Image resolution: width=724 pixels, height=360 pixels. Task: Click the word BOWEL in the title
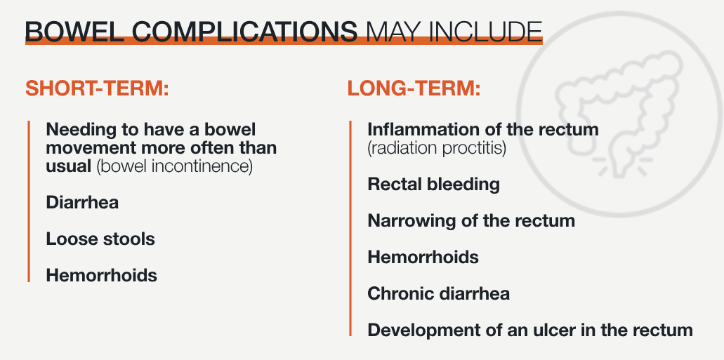[74, 32]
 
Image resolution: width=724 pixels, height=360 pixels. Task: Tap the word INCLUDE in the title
[485, 32]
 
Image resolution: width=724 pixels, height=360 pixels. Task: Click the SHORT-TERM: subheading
[97, 88]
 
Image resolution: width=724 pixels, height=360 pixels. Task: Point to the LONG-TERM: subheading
[414, 88]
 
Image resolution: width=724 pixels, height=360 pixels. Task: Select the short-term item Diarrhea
[82, 202]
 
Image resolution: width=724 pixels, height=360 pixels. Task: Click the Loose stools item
[100, 239]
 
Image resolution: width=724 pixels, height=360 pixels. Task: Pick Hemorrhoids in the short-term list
[102, 275]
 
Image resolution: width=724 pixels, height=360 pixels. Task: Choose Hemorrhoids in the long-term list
[423, 257]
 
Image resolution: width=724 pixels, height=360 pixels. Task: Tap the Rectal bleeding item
[433, 184]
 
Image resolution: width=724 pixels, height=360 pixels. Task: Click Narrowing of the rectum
[471, 220]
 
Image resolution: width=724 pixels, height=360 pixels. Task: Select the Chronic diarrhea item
[439, 293]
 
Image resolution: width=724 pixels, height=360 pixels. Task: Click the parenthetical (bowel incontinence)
[175, 166]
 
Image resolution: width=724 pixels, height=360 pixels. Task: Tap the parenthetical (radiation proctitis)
[437, 148]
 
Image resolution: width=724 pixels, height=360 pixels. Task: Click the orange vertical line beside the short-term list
[29, 201]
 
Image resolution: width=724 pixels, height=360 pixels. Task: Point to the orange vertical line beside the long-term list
[350, 229]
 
